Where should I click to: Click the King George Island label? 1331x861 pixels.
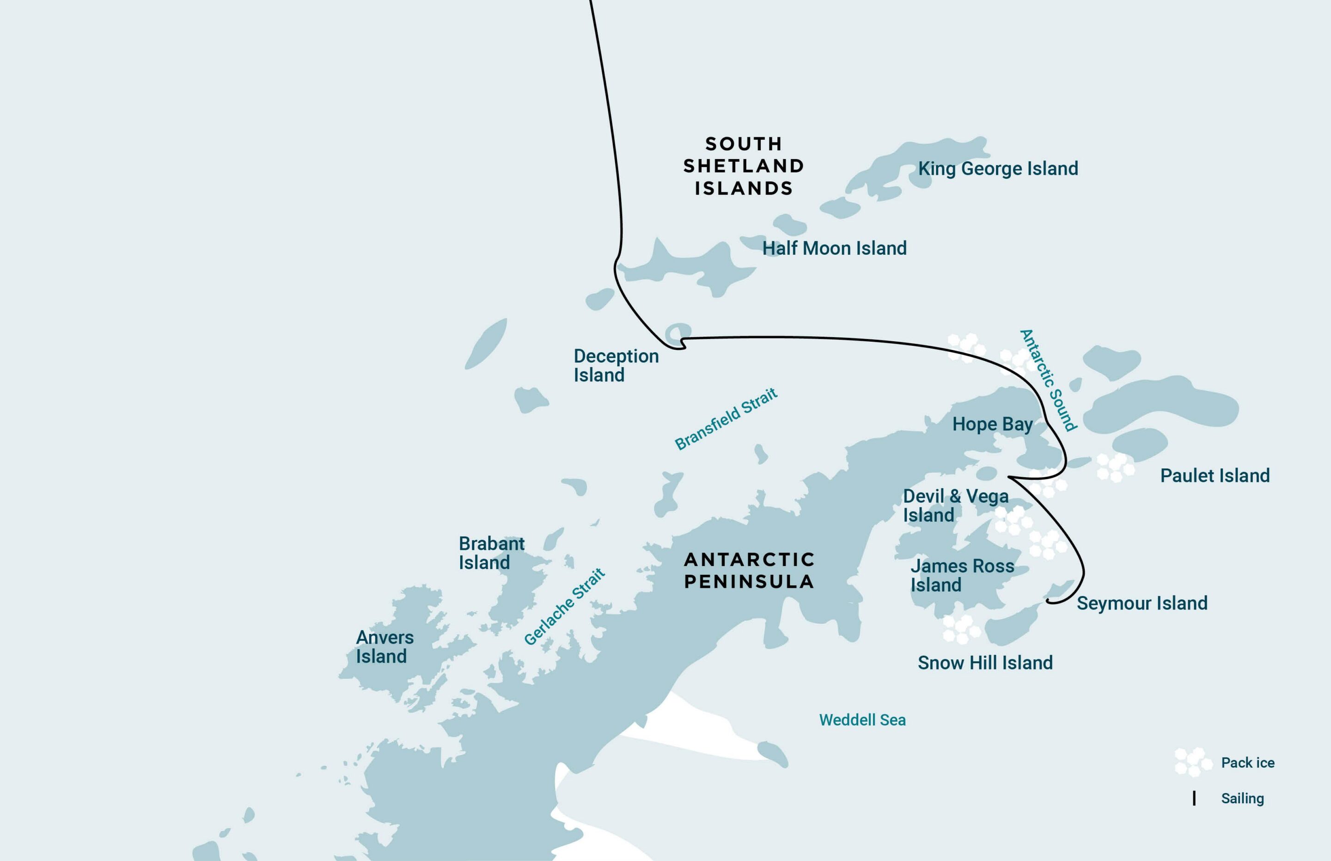coord(998,169)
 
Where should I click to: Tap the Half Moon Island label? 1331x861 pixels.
coord(834,248)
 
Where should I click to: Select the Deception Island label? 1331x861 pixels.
coord(616,366)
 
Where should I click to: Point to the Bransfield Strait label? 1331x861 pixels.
coord(726,419)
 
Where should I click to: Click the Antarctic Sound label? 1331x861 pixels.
coord(1048,380)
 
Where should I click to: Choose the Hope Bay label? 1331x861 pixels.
coord(992,424)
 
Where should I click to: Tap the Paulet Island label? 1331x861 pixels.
coord(1215,476)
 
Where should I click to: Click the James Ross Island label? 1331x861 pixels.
coord(962,575)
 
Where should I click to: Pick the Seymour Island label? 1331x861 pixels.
coord(1142,603)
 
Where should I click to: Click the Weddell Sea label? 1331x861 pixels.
coord(862,720)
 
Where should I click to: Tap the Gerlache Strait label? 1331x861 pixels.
coord(564,607)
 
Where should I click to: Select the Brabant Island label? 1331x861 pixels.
coord(491,553)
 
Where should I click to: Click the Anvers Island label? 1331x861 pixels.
coord(385,647)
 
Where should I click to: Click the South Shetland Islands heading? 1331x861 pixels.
coord(744,166)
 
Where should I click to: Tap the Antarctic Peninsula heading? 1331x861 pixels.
coord(749,570)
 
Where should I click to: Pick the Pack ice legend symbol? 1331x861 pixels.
coord(1192,762)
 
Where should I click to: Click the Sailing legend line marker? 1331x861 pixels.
coord(1194,799)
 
